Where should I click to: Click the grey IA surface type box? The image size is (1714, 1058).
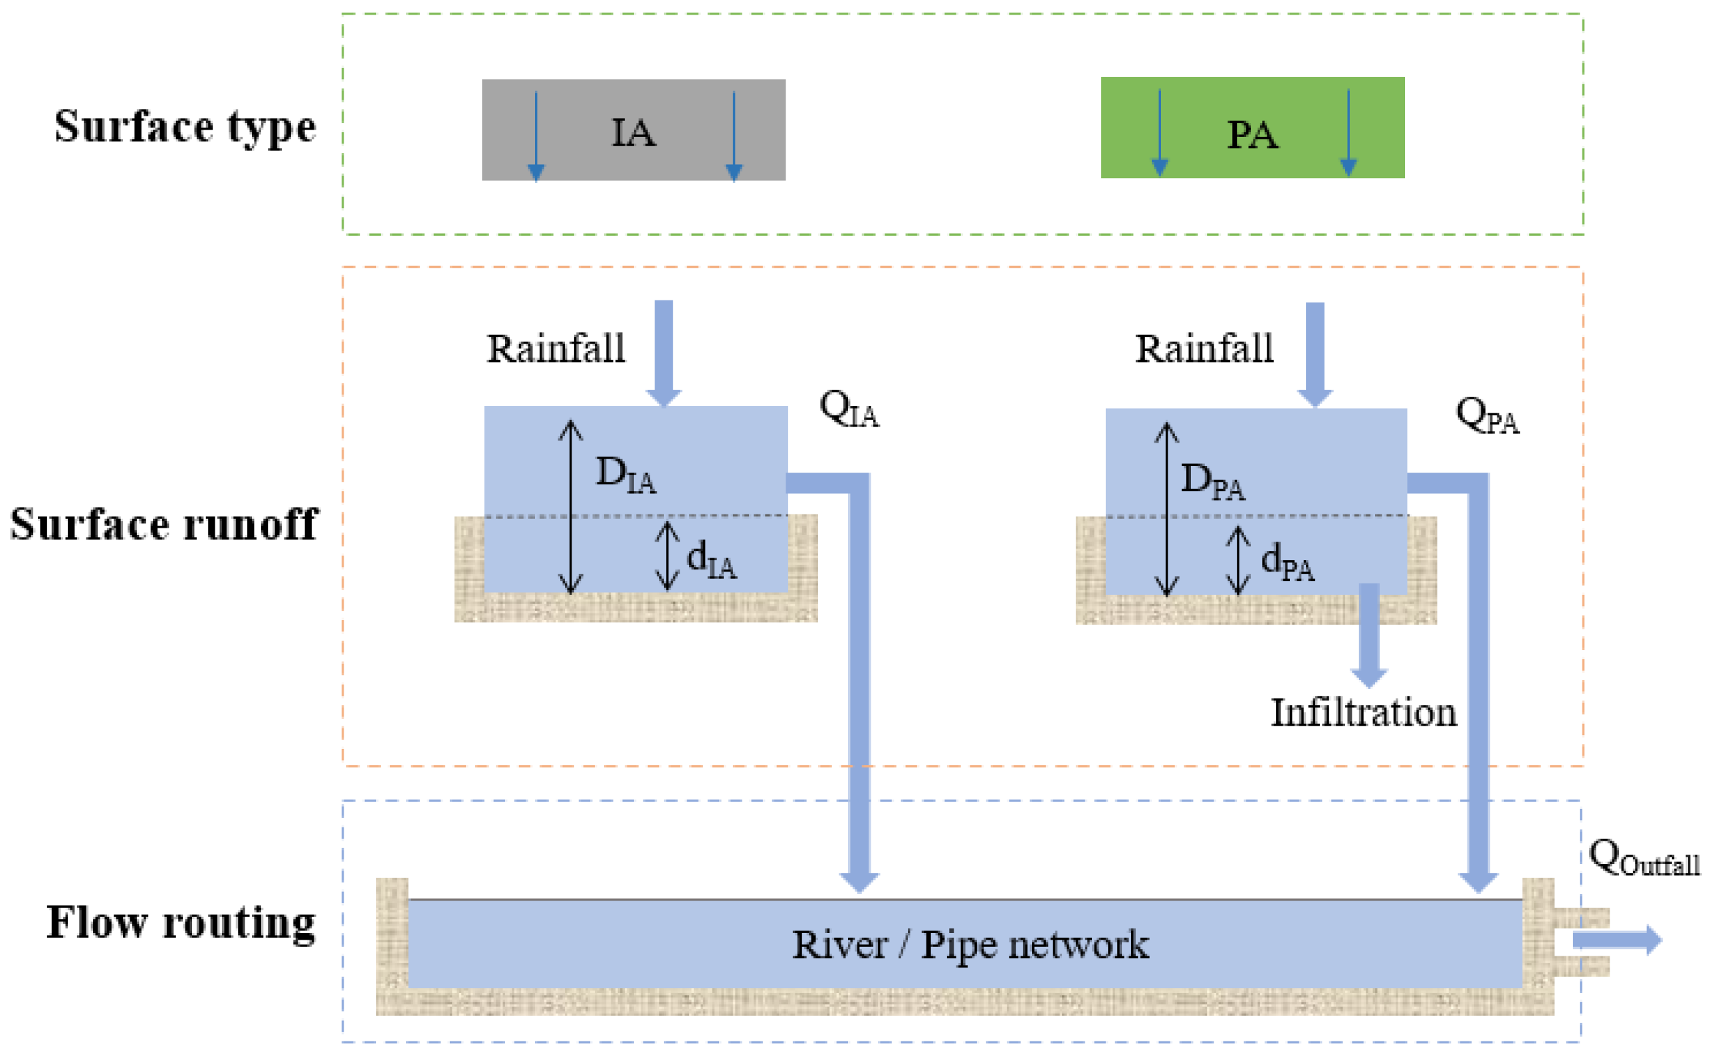[633, 130]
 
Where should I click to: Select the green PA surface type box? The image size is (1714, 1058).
[1252, 128]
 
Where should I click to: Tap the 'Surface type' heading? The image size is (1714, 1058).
[185, 127]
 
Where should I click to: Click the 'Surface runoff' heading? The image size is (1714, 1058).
[164, 524]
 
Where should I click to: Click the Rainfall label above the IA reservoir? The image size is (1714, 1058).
[556, 348]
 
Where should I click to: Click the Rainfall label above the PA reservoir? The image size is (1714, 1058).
[1204, 348]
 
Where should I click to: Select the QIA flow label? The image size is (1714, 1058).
[848, 409]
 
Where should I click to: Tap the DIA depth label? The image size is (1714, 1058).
[625, 475]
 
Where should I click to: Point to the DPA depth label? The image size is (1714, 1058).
[1212, 481]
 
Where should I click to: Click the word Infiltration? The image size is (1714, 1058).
[1363, 713]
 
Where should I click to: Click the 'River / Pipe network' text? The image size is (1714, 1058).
[970, 944]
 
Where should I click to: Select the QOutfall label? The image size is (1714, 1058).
[1644, 859]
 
